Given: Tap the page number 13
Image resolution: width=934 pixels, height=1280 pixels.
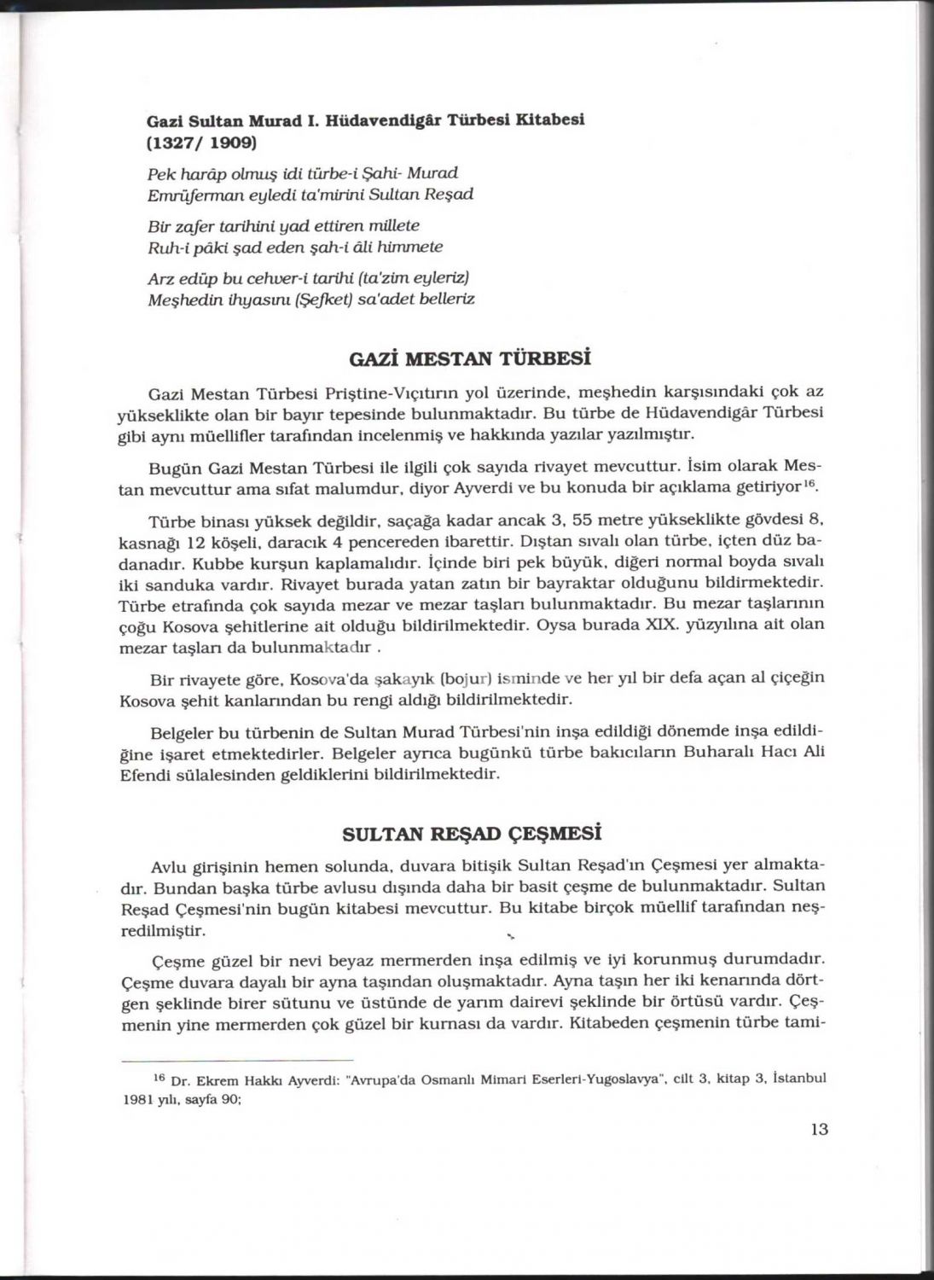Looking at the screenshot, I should pos(819,1129).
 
